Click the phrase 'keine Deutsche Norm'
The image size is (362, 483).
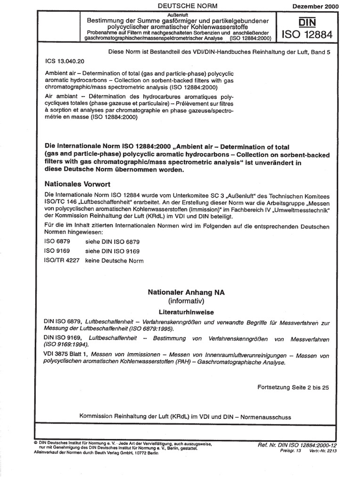point(114,261)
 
